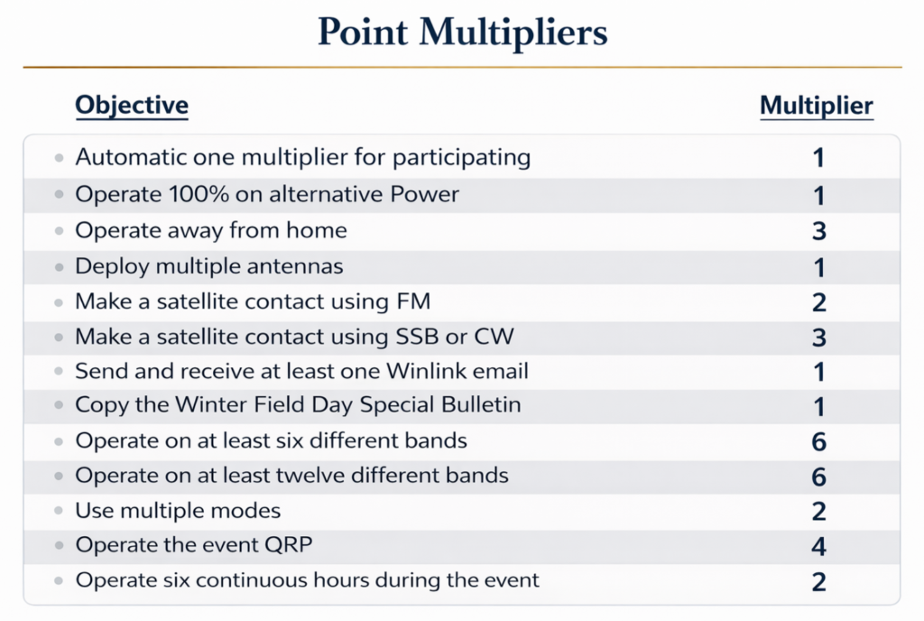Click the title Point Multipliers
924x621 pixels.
(x=462, y=32)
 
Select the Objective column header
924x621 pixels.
(x=132, y=105)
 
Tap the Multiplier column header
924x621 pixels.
(x=816, y=106)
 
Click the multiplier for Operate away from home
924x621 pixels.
(x=818, y=230)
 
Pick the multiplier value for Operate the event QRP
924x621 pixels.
(x=818, y=546)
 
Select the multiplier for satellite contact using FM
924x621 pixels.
(x=818, y=301)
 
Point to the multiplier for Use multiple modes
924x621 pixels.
(x=818, y=511)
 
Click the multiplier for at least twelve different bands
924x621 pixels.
(x=818, y=476)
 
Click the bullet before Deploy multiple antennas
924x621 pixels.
(x=60, y=267)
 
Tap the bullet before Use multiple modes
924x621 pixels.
(x=60, y=512)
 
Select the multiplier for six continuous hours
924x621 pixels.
(x=818, y=580)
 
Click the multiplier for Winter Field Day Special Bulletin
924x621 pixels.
(x=818, y=406)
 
